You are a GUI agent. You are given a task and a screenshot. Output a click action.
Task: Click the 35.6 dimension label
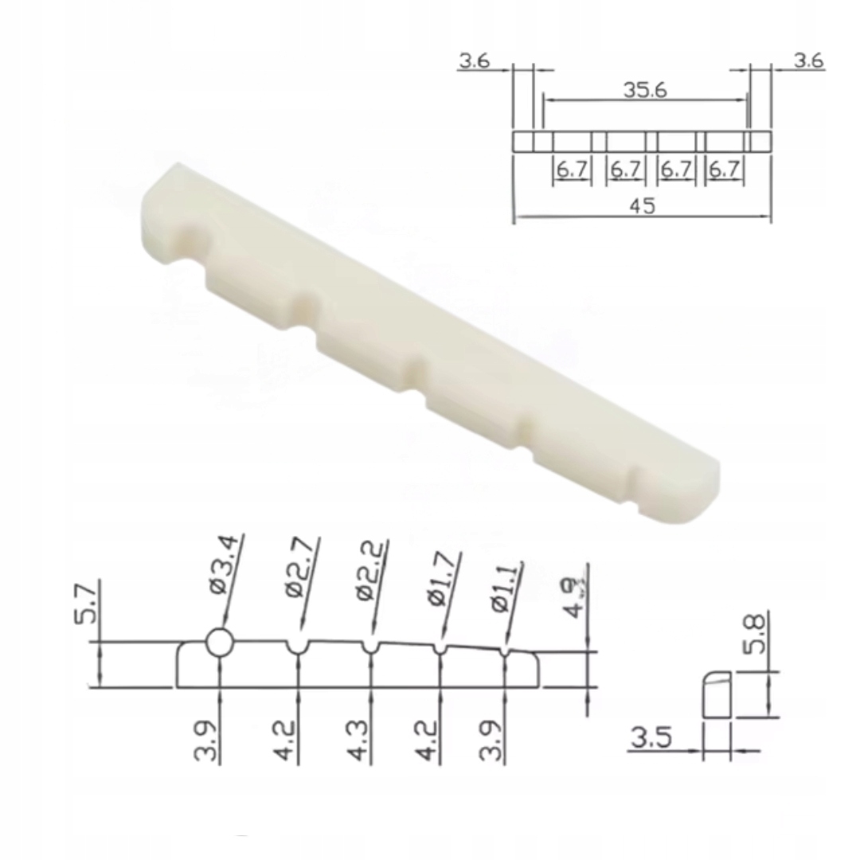[645, 89]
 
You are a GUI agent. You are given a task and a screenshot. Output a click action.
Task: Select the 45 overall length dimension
[643, 205]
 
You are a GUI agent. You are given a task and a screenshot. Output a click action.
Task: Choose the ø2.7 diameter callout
[296, 568]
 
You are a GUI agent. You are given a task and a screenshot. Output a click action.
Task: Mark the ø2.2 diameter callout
[367, 570]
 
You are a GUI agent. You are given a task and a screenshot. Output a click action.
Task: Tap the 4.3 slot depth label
[360, 741]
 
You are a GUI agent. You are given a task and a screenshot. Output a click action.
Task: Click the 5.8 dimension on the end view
[756, 633]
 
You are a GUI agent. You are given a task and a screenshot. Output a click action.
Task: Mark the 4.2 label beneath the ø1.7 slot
[428, 741]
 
